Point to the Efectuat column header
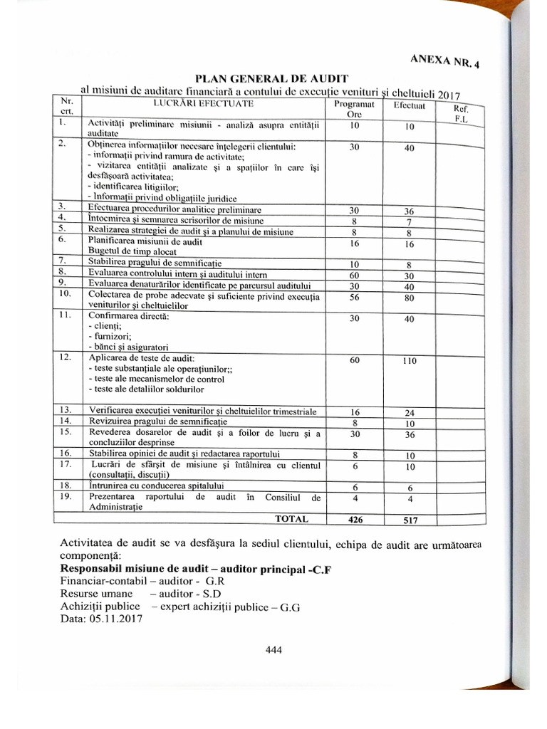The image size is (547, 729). coord(409,106)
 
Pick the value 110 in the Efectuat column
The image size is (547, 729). coord(409,361)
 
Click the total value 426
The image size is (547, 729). coord(355,520)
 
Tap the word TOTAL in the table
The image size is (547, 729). coord(291,519)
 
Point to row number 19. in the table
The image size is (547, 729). coord(66,496)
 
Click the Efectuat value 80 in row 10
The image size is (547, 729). coord(409,298)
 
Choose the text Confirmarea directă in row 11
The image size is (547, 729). coord(128,315)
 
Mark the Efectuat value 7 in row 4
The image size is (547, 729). coord(409,222)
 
